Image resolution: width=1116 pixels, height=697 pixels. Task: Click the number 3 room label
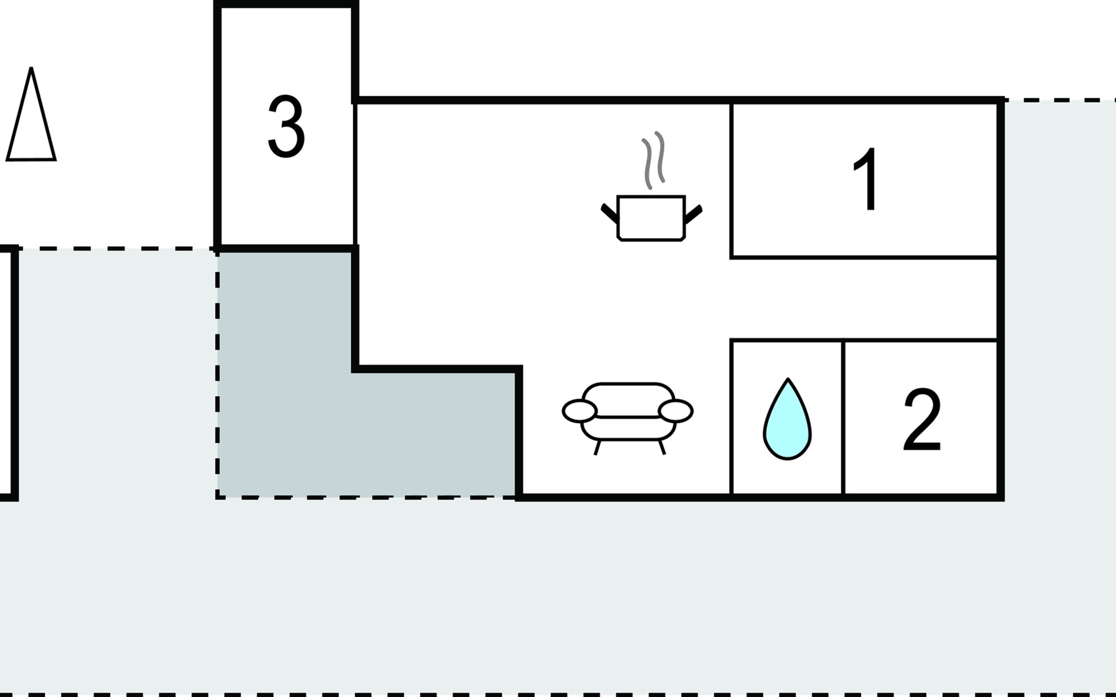pyautogui.click(x=286, y=127)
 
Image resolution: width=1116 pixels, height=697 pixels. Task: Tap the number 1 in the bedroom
pyautogui.click(x=865, y=179)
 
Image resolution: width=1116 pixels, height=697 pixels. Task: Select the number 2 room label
pyautogui.click(x=921, y=421)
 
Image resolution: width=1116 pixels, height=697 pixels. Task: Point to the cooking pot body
pyautogui.click(x=651, y=218)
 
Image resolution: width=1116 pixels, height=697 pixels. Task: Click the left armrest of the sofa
pyautogui.click(x=580, y=411)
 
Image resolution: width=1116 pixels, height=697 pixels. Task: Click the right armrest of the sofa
pyautogui.click(x=675, y=411)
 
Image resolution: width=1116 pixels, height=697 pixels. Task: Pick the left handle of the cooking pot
pyautogui.click(x=609, y=213)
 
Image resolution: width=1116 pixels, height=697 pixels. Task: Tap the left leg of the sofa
pyautogui.click(x=597, y=447)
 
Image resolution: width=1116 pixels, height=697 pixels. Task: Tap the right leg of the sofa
pyautogui.click(x=661, y=446)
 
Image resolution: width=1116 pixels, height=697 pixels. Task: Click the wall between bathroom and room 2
pyautogui.click(x=842, y=418)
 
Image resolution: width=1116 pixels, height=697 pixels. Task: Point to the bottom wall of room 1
pyautogui.click(x=863, y=257)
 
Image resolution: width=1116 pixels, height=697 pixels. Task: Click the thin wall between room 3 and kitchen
pyautogui.click(x=354, y=174)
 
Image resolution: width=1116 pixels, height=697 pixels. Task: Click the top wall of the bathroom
pyautogui.click(x=786, y=340)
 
